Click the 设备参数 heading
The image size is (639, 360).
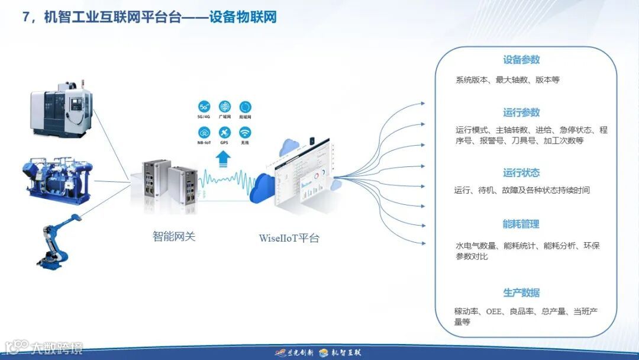click(521, 60)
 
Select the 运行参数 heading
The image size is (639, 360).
click(521, 112)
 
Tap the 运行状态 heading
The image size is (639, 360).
click(521, 173)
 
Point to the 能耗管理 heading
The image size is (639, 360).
click(521, 224)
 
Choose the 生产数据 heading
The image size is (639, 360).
click(521, 293)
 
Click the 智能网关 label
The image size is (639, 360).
click(174, 237)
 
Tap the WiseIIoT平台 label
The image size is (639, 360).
click(289, 239)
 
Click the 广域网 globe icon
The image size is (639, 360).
click(224, 107)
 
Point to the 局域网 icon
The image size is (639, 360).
click(245, 107)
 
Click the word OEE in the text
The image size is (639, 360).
click(494, 311)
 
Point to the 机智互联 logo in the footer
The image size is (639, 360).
click(340, 353)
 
